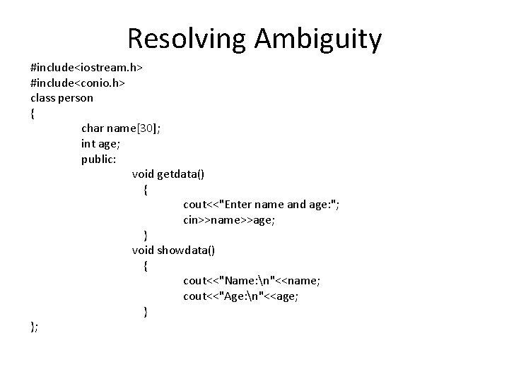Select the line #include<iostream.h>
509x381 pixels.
point(87,68)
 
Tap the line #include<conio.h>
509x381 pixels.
point(78,83)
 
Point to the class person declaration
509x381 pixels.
point(62,98)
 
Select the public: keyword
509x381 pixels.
point(98,159)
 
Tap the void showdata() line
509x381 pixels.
point(174,250)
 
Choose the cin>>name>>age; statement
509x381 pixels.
point(229,220)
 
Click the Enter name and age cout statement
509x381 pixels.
point(261,205)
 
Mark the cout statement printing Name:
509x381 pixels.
point(251,281)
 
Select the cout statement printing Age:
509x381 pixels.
point(240,296)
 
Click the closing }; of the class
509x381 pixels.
point(34,327)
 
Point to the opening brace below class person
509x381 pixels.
point(33,114)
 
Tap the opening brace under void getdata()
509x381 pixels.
point(146,190)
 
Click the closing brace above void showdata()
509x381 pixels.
point(146,236)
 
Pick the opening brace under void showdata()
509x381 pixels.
point(146,266)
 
